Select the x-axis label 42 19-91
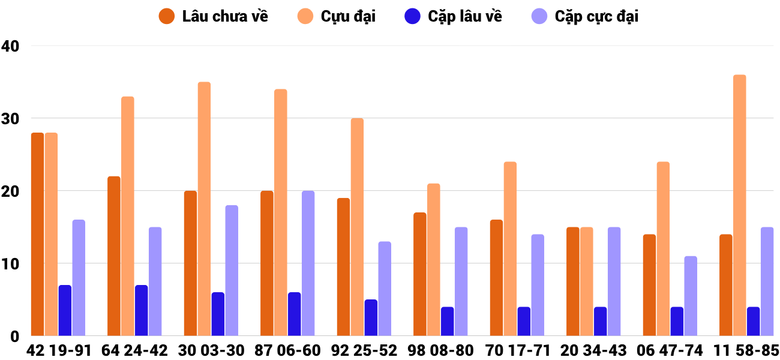click(x=58, y=350)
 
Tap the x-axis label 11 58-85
click(x=746, y=350)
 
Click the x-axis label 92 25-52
click(x=364, y=350)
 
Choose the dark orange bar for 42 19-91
click(x=37, y=234)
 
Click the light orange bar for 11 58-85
click(x=740, y=205)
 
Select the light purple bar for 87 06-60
click(x=308, y=263)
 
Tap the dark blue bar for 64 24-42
click(x=141, y=310)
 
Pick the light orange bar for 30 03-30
click(x=204, y=209)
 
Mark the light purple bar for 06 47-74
click(x=691, y=296)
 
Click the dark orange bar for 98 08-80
click(x=420, y=274)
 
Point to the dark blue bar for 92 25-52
click(x=371, y=317)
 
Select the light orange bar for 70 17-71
click(x=510, y=249)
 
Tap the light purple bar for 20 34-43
click(x=614, y=281)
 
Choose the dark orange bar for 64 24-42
click(x=114, y=256)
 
